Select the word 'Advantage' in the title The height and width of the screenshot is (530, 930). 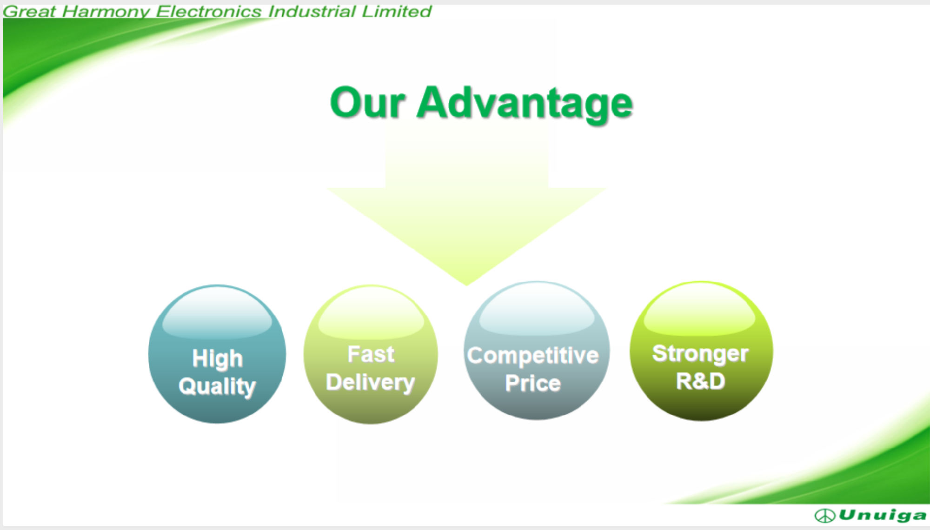tap(525, 105)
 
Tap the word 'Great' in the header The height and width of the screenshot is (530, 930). tap(29, 11)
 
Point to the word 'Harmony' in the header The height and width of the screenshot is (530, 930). tap(106, 12)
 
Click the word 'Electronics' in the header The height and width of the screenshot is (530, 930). tap(209, 11)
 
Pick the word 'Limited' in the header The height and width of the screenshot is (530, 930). tap(397, 11)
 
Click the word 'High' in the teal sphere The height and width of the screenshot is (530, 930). tap(218, 359)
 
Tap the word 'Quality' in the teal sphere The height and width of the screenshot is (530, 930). tap(217, 387)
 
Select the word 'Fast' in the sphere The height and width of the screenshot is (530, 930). tap(371, 354)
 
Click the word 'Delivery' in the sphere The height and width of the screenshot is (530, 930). tap(370, 383)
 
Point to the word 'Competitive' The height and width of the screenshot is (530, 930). tap(533, 356)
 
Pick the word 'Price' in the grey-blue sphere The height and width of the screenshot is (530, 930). tap(533, 384)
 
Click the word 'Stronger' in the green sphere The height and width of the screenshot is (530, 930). tap(700, 354)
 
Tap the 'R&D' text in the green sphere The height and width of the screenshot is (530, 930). tap(700, 381)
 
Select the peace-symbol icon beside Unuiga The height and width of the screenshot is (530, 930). tap(825, 516)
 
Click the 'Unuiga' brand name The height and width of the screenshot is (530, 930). tap(883, 515)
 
